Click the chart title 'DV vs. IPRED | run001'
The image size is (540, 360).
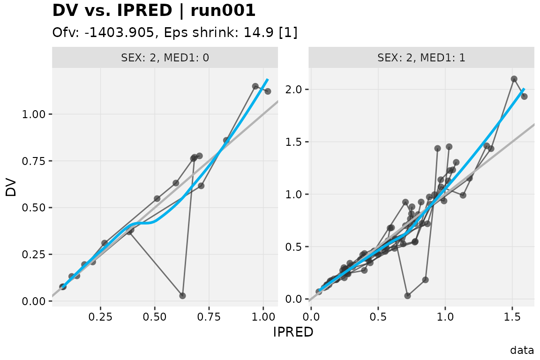coord(154,10)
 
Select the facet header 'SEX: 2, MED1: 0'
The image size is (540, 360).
coord(165,58)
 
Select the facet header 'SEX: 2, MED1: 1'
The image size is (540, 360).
coord(421,58)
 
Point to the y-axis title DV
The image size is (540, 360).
coord(11,188)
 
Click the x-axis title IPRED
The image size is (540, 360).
coord(293,332)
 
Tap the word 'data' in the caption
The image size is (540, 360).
coord(522,350)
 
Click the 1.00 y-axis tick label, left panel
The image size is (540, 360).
coord(34,114)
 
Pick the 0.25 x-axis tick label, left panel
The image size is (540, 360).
coord(101,316)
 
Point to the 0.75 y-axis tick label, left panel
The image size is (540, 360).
coord(34,161)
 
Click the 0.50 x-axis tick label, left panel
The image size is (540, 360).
coord(155,316)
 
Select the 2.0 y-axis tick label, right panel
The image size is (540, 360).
coord(294,90)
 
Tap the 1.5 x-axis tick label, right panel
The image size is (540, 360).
coord(512,316)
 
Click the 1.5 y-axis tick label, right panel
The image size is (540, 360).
coord(294,142)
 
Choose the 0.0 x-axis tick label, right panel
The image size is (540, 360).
coord(311,316)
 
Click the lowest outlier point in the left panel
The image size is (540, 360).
coord(182,296)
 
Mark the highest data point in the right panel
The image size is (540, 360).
coord(514,79)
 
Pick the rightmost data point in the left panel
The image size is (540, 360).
coord(268,91)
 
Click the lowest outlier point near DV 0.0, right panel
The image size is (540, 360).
coord(408,296)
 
